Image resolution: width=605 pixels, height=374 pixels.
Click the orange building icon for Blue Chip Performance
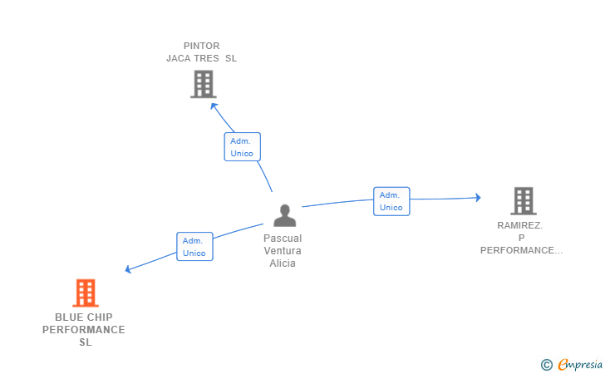(86, 293)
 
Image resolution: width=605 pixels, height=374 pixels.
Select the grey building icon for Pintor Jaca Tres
(203, 84)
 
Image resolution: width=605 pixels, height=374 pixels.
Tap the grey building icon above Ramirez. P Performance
(523, 201)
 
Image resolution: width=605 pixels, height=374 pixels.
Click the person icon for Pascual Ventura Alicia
(285, 216)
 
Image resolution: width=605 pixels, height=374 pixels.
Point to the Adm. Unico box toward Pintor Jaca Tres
(242, 147)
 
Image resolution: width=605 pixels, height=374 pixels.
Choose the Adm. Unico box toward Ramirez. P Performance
(391, 201)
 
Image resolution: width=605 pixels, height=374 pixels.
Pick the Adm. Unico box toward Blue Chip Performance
(194, 247)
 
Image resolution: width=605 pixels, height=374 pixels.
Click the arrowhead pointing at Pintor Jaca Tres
(214, 106)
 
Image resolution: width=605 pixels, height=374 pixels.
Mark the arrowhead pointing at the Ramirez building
(477, 197)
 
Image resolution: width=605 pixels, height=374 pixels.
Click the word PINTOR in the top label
(202, 46)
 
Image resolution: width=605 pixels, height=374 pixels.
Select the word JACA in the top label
(181, 58)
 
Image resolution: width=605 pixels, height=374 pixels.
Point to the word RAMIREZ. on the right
(520, 225)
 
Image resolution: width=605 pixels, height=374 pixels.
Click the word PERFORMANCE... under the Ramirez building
(522, 250)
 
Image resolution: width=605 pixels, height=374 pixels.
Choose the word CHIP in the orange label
(101, 317)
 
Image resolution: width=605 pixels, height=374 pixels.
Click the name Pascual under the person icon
(283, 239)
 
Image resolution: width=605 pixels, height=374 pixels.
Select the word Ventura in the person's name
(283, 251)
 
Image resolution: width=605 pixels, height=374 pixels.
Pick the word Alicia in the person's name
(283, 263)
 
